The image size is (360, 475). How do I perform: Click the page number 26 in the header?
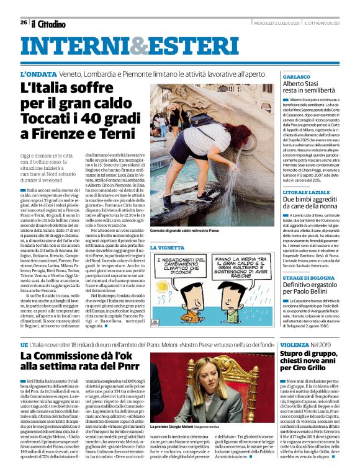click(x=24, y=22)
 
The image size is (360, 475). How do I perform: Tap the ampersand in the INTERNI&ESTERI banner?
click(x=136, y=45)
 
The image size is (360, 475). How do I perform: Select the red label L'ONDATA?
click(x=40, y=74)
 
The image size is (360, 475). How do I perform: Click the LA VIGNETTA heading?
click(x=168, y=247)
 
